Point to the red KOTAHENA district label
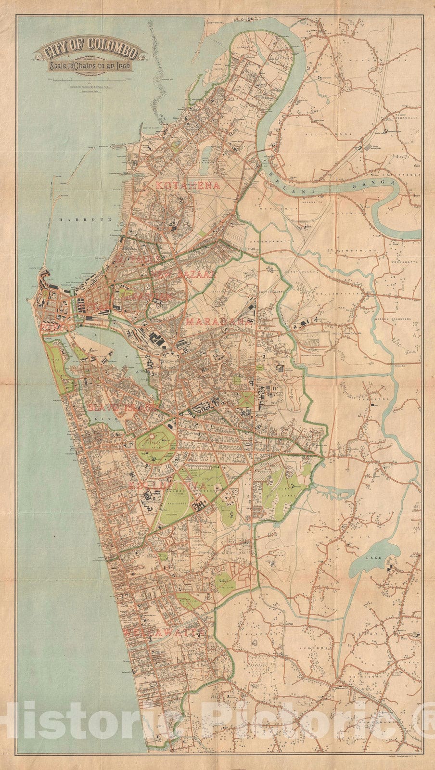[188, 185]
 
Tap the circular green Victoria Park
[155, 442]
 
